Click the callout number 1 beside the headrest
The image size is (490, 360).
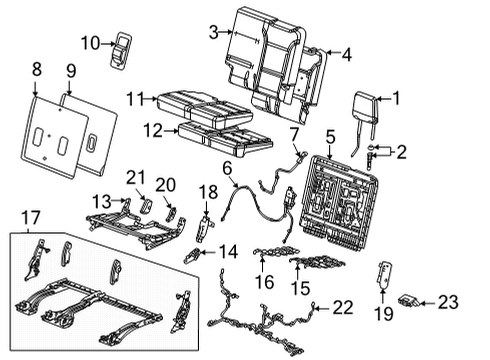pos(397,98)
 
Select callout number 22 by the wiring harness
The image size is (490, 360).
pos(342,306)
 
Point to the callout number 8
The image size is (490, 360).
pos(37,69)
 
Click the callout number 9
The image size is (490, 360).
pos(70,70)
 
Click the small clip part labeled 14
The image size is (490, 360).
pos(193,257)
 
